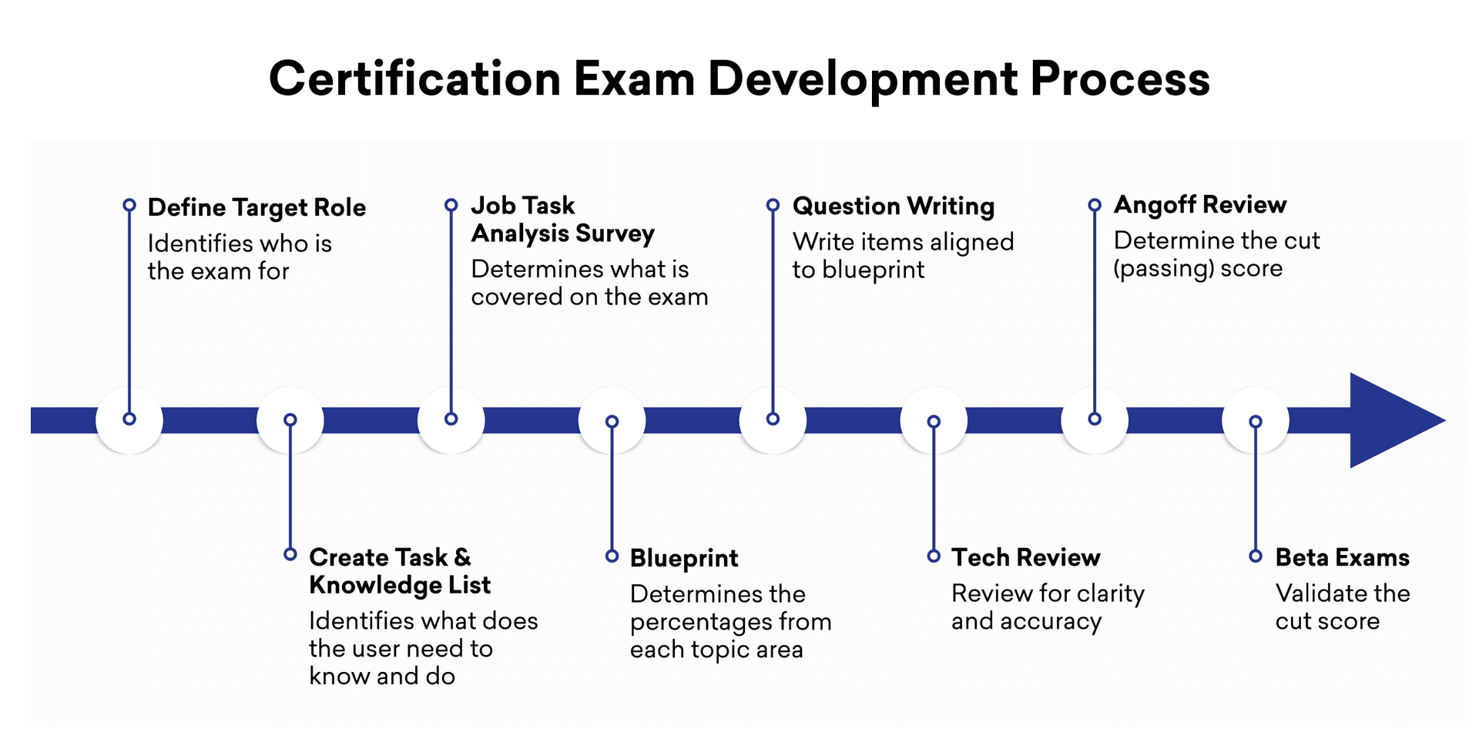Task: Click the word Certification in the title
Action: [414, 79]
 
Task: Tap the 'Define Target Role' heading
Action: [257, 208]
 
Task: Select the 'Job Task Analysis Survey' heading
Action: [563, 220]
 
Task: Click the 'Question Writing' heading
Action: [894, 207]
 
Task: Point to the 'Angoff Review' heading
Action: [1200, 205]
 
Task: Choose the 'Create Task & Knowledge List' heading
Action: [400, 571]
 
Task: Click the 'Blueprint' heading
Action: [684, 559]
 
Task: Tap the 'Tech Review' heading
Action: [1026, 557]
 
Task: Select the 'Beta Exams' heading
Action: [1343, 557]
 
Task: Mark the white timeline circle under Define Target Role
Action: [129, 420]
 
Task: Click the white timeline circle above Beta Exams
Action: [1256, 420]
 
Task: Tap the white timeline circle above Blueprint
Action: [612, 420]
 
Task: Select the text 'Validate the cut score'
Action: [1343, 607]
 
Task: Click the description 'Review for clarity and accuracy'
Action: [1048, 607]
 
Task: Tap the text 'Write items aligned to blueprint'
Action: [903, 256]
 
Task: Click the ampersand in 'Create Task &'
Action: [462, 557]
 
